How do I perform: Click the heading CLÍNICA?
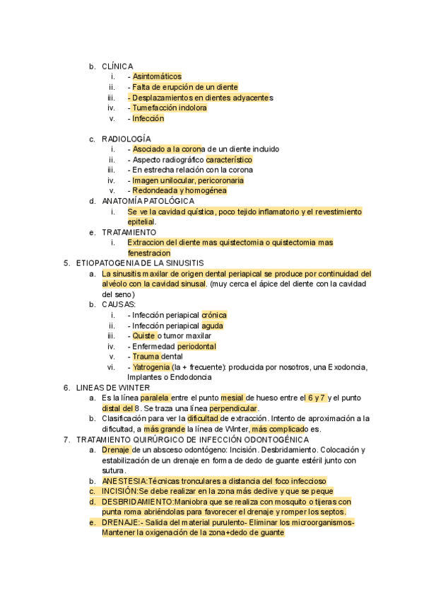[117, 67]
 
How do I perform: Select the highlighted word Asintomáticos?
[157, 76]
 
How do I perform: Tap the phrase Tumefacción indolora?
[170, 108]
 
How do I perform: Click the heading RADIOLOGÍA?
[126, 139]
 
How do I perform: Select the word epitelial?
[141, 221]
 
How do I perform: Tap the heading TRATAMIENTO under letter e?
[129, 232]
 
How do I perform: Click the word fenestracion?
[149, 253]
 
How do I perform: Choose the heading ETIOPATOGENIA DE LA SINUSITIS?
[139, 263]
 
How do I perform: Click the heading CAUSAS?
[118, 305]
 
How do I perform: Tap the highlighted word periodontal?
[196, 347]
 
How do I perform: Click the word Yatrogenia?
[151, 367]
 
